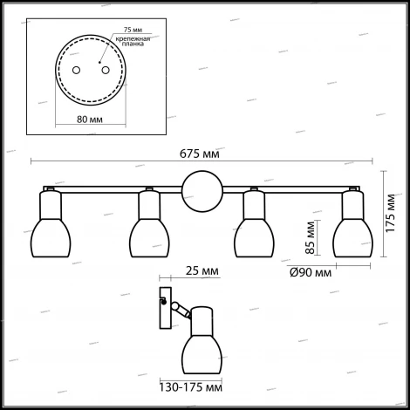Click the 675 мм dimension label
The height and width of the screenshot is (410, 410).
tap(200, 154)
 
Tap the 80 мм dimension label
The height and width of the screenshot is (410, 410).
tap(90, 120)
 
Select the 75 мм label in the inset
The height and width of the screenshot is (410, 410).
tap(133, 30)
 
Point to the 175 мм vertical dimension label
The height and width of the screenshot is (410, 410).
tap(391, 213)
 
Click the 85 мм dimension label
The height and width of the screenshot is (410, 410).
tap(311, 237)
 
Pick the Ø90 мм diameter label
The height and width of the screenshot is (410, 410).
tap(311, 272)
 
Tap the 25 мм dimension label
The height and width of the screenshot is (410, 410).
tap(202, 270)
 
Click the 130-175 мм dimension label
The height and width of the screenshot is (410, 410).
tap(191, 387)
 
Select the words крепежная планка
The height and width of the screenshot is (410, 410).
tap(133, 41)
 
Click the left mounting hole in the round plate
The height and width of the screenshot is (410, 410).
tap(76, 70)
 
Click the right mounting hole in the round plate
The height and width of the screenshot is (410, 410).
tap(106, 70)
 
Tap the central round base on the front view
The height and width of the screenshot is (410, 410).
tap(202, 191)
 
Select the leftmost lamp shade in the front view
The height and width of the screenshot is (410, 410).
tap(51, 238)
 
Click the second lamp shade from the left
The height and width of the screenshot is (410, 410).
tap(149, 238)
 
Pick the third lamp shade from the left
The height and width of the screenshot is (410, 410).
tap(255, 238)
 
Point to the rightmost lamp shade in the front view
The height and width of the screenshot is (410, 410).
tap(353, 238)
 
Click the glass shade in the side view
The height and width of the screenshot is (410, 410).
tap(202, 354)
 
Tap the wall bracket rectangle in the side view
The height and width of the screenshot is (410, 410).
tap(166, 308)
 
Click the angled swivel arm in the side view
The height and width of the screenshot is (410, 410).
tap(181, 311)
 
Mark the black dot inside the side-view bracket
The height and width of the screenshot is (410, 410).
tap(164, 302)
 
